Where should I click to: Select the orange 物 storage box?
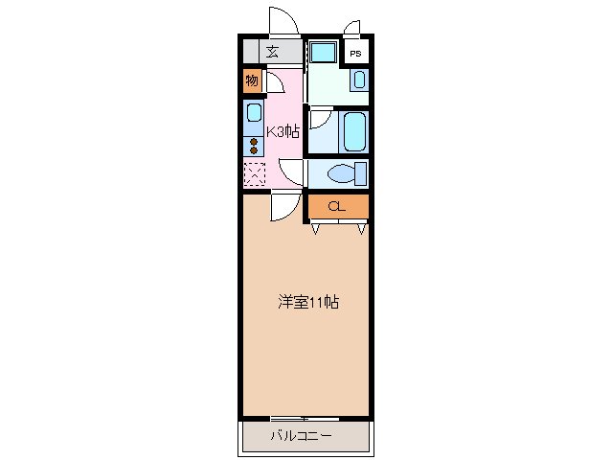(252, 80)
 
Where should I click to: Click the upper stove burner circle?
(254, 140)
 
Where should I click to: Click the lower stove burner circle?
(254, 150)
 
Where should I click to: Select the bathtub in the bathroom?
(352, 131)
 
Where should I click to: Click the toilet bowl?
(339, 173)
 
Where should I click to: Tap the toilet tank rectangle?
(360, 173)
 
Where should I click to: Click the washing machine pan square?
(323, 52)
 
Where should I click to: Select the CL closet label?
(336, 206)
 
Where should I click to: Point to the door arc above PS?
(351, 27)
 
